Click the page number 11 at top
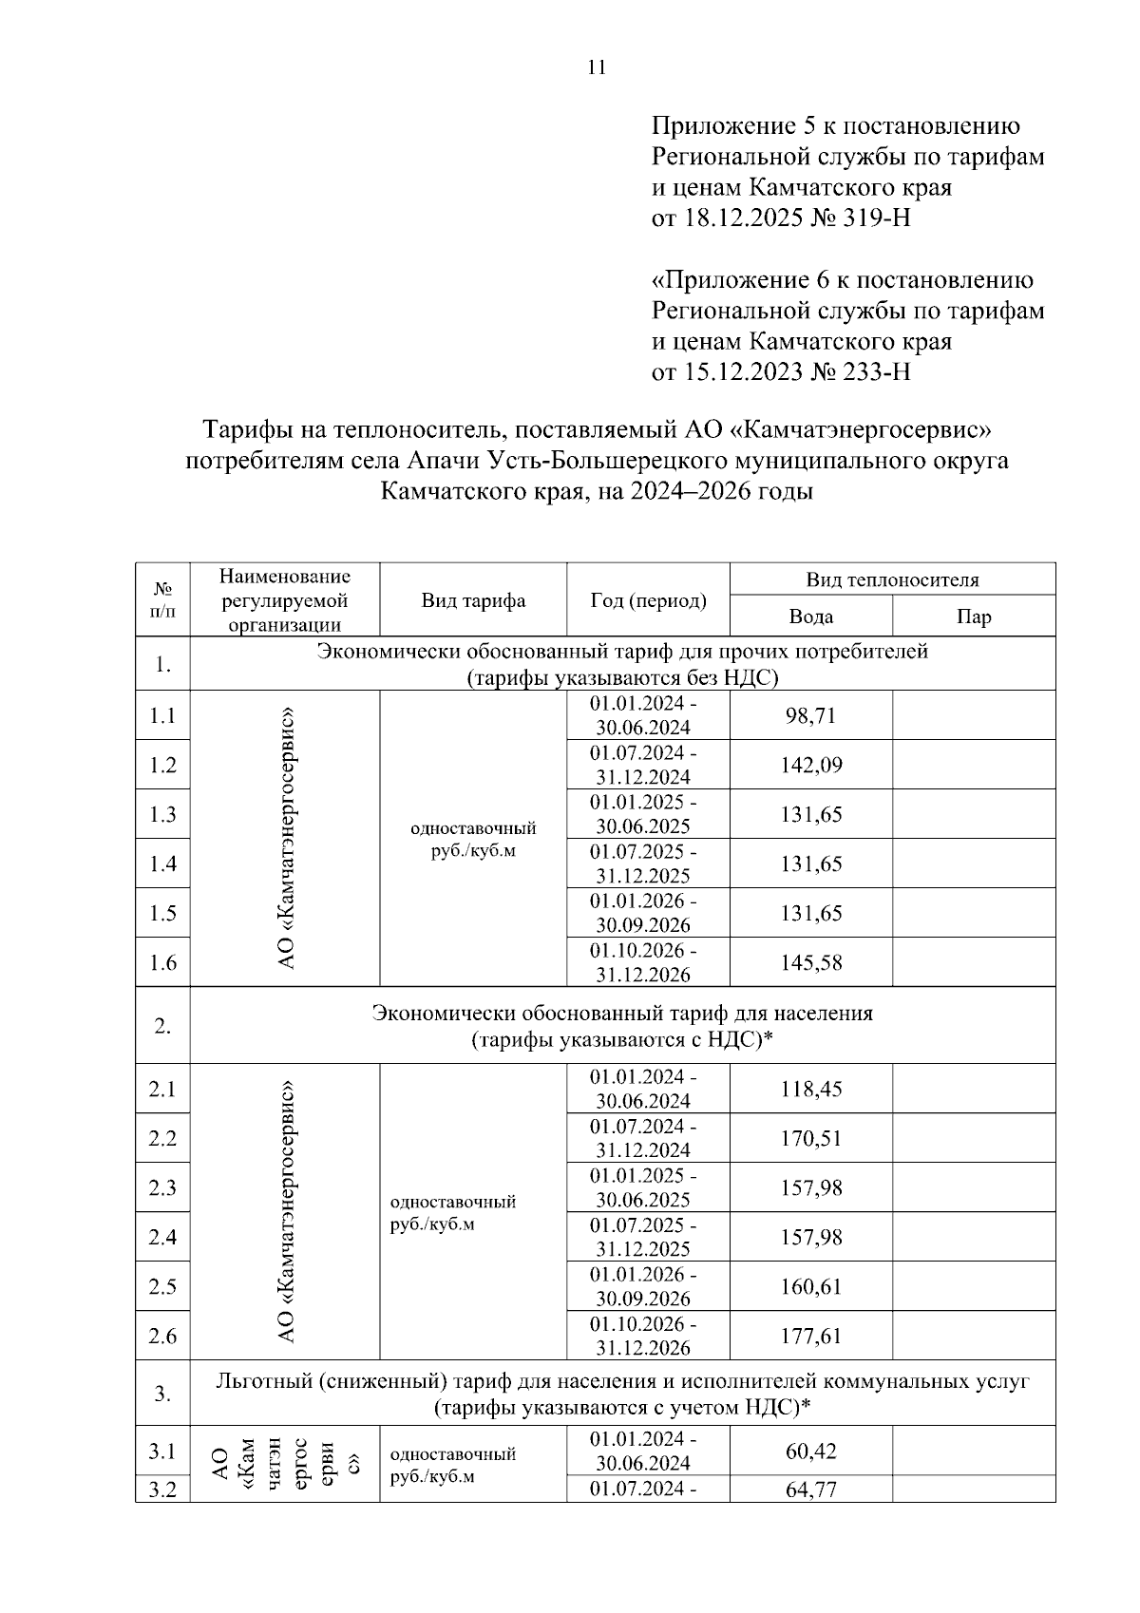(597, 67)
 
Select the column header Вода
(810, 617)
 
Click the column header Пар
(974, 617)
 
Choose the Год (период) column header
(648, 600)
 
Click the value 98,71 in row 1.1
(810, 715)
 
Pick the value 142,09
(810, 765)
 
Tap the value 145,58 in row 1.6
(810, 962)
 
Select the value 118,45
(810, 1089)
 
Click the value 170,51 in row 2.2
(810, 1138)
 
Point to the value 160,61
(810, 1286)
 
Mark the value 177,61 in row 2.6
(810, 1336)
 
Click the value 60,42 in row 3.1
(810, 1451)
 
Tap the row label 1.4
(162, 863)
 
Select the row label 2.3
(162, 1187)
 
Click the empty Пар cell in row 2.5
(974, 1286)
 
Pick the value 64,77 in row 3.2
(810, 1490)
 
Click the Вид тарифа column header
(473, 600)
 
